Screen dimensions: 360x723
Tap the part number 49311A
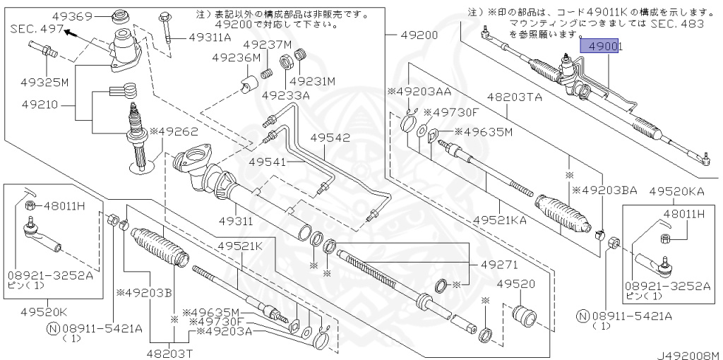(210, 38)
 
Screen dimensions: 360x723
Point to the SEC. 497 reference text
(35, 30)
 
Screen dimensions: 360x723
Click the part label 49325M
(44, 82)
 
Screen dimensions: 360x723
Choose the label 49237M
(268, 45)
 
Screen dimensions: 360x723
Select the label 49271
(499, 265)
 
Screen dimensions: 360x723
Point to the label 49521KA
(499, 221)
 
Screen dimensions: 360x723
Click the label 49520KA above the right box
(677, 191)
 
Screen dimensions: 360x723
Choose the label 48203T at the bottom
(170, 353)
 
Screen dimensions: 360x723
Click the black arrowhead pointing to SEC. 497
(68, 31)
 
